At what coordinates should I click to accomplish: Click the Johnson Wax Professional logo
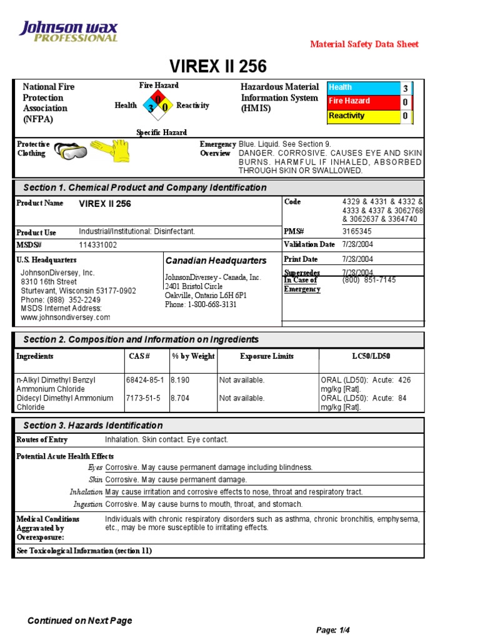click(69, 31)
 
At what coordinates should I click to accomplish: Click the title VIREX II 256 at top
click(218, 66)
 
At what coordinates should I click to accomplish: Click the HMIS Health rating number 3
click(405, 88)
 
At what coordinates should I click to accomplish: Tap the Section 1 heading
click(144, 187)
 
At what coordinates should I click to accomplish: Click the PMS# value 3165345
click(357, 231)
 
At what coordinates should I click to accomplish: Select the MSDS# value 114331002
click(97, 245)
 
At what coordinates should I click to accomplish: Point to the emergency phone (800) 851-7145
click(369, 280)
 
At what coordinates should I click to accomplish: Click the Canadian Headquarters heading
click(216, 261)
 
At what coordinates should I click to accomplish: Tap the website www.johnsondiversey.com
click(66, 317)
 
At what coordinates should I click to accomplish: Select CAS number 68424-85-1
click(146, 379)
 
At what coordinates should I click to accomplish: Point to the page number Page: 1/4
click(335, 630)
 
